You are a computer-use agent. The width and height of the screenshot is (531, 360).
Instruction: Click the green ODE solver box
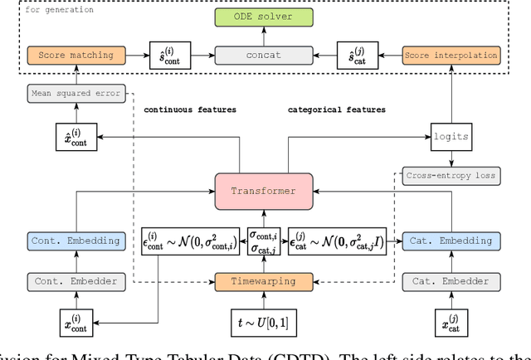[x=264, y=17]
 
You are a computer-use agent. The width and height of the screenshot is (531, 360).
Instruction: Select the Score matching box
[x=76, y=55]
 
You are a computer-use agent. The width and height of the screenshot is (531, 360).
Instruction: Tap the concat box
[x=264, y=55]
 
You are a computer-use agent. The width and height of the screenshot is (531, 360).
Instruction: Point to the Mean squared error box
[x=76, y=95]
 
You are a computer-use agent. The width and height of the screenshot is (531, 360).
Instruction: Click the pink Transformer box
[x=264, y=191]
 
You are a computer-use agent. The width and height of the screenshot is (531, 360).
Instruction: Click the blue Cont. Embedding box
[x=76, y=241]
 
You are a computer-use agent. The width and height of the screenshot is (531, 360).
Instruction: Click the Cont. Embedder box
[x=76, y=281]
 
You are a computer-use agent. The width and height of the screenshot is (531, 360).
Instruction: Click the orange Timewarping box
[x=264, y=281]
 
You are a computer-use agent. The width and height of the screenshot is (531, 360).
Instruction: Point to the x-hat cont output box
[x=76, y=135]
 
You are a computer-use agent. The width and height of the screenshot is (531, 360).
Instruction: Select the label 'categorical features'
[x=337, y=109]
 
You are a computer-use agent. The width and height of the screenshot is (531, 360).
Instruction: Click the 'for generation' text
[x=61, y=10]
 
